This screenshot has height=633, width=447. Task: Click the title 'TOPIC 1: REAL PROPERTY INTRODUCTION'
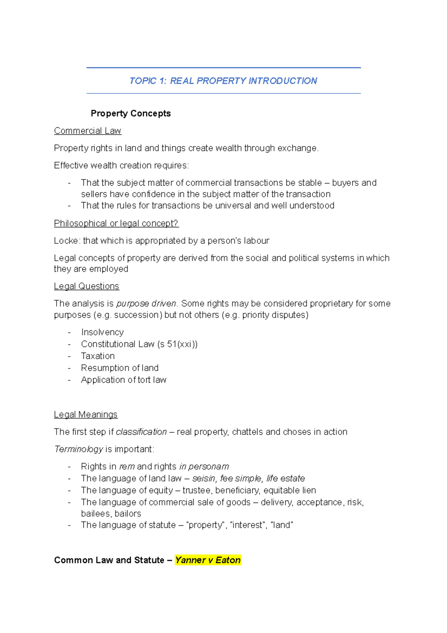point(223,81)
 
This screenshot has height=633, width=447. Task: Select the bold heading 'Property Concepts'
point(130,113)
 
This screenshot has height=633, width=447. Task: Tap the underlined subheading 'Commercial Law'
point(88,131)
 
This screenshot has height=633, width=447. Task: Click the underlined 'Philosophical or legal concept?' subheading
point(116,223)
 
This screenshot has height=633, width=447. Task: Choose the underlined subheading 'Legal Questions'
point(86,286)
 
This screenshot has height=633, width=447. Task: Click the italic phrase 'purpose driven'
point(146,303)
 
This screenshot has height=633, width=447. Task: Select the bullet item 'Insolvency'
point(102,332)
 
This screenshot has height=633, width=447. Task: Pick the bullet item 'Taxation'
point(98,356)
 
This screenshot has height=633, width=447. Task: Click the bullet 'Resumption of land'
point(120,368)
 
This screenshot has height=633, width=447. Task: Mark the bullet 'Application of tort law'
point(123,380)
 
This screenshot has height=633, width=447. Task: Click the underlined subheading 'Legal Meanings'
point(86,415)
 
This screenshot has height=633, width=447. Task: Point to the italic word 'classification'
point(141,432)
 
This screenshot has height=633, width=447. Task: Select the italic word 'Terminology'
point(79,449)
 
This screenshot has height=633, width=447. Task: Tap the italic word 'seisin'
point(203,478)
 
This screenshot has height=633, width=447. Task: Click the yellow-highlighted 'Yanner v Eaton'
point(208,560)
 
